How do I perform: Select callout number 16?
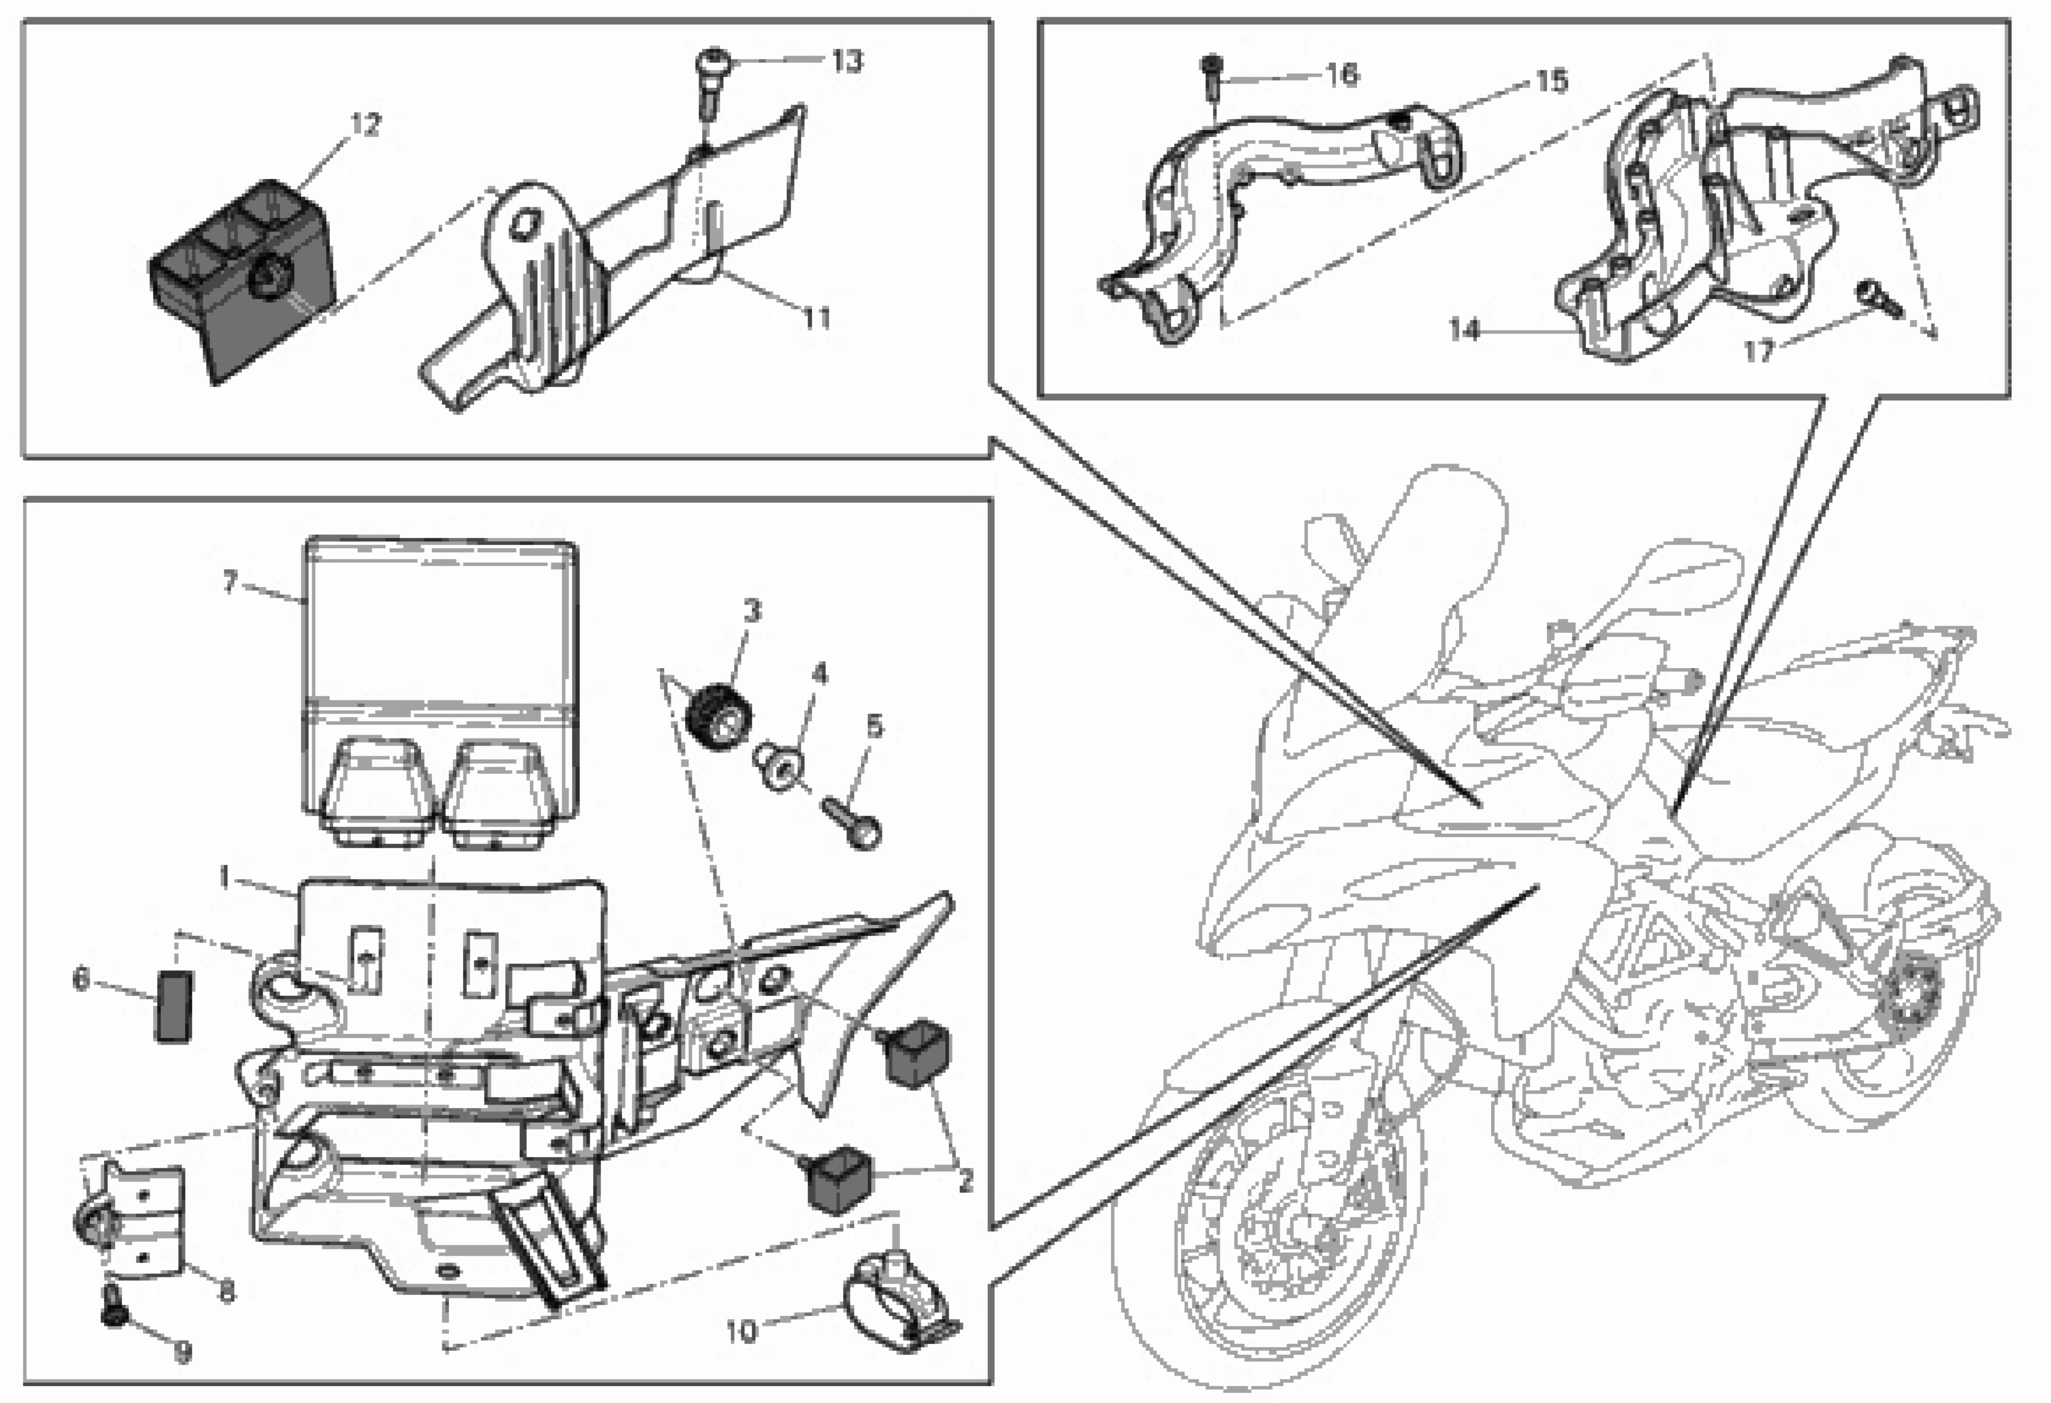click(x=1341, y=74)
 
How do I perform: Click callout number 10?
click(x=741, y=1331)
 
